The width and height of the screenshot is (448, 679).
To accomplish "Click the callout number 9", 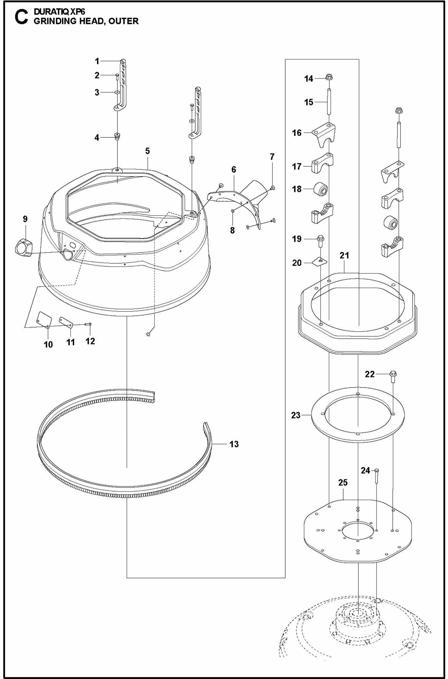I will [25, 219].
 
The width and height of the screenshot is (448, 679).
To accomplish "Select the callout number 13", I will [234, 444].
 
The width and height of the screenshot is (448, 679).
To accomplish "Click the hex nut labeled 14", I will [329, 77].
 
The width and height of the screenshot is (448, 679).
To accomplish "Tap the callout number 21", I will [344, 256].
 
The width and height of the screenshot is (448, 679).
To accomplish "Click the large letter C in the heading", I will [21, 17].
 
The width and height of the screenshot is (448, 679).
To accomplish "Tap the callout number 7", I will [272, 157].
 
